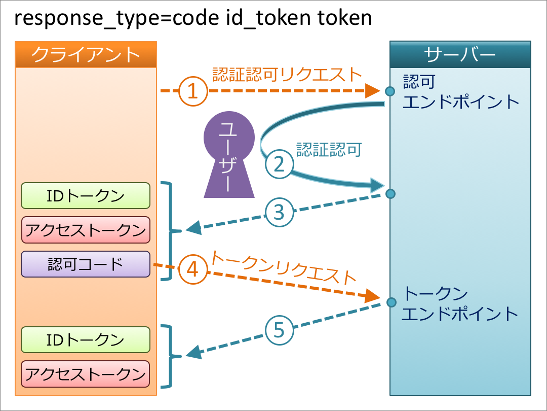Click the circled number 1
(x=192, y=91)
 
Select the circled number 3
(x=279, y=212)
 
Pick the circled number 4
(x=193, y=269)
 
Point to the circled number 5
(x=279, y=331)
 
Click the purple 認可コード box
(x=86, y=264)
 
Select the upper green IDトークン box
(x=86, y=196)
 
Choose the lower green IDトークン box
(x=86, y=340)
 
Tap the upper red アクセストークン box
(x=86, y=230)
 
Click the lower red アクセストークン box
(x=86, y=374)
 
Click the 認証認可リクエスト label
(x=287, y=74)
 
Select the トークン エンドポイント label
(x=460, y=303)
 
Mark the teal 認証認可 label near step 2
(x=329, y=149)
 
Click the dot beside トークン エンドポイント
(x=390, y=303)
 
